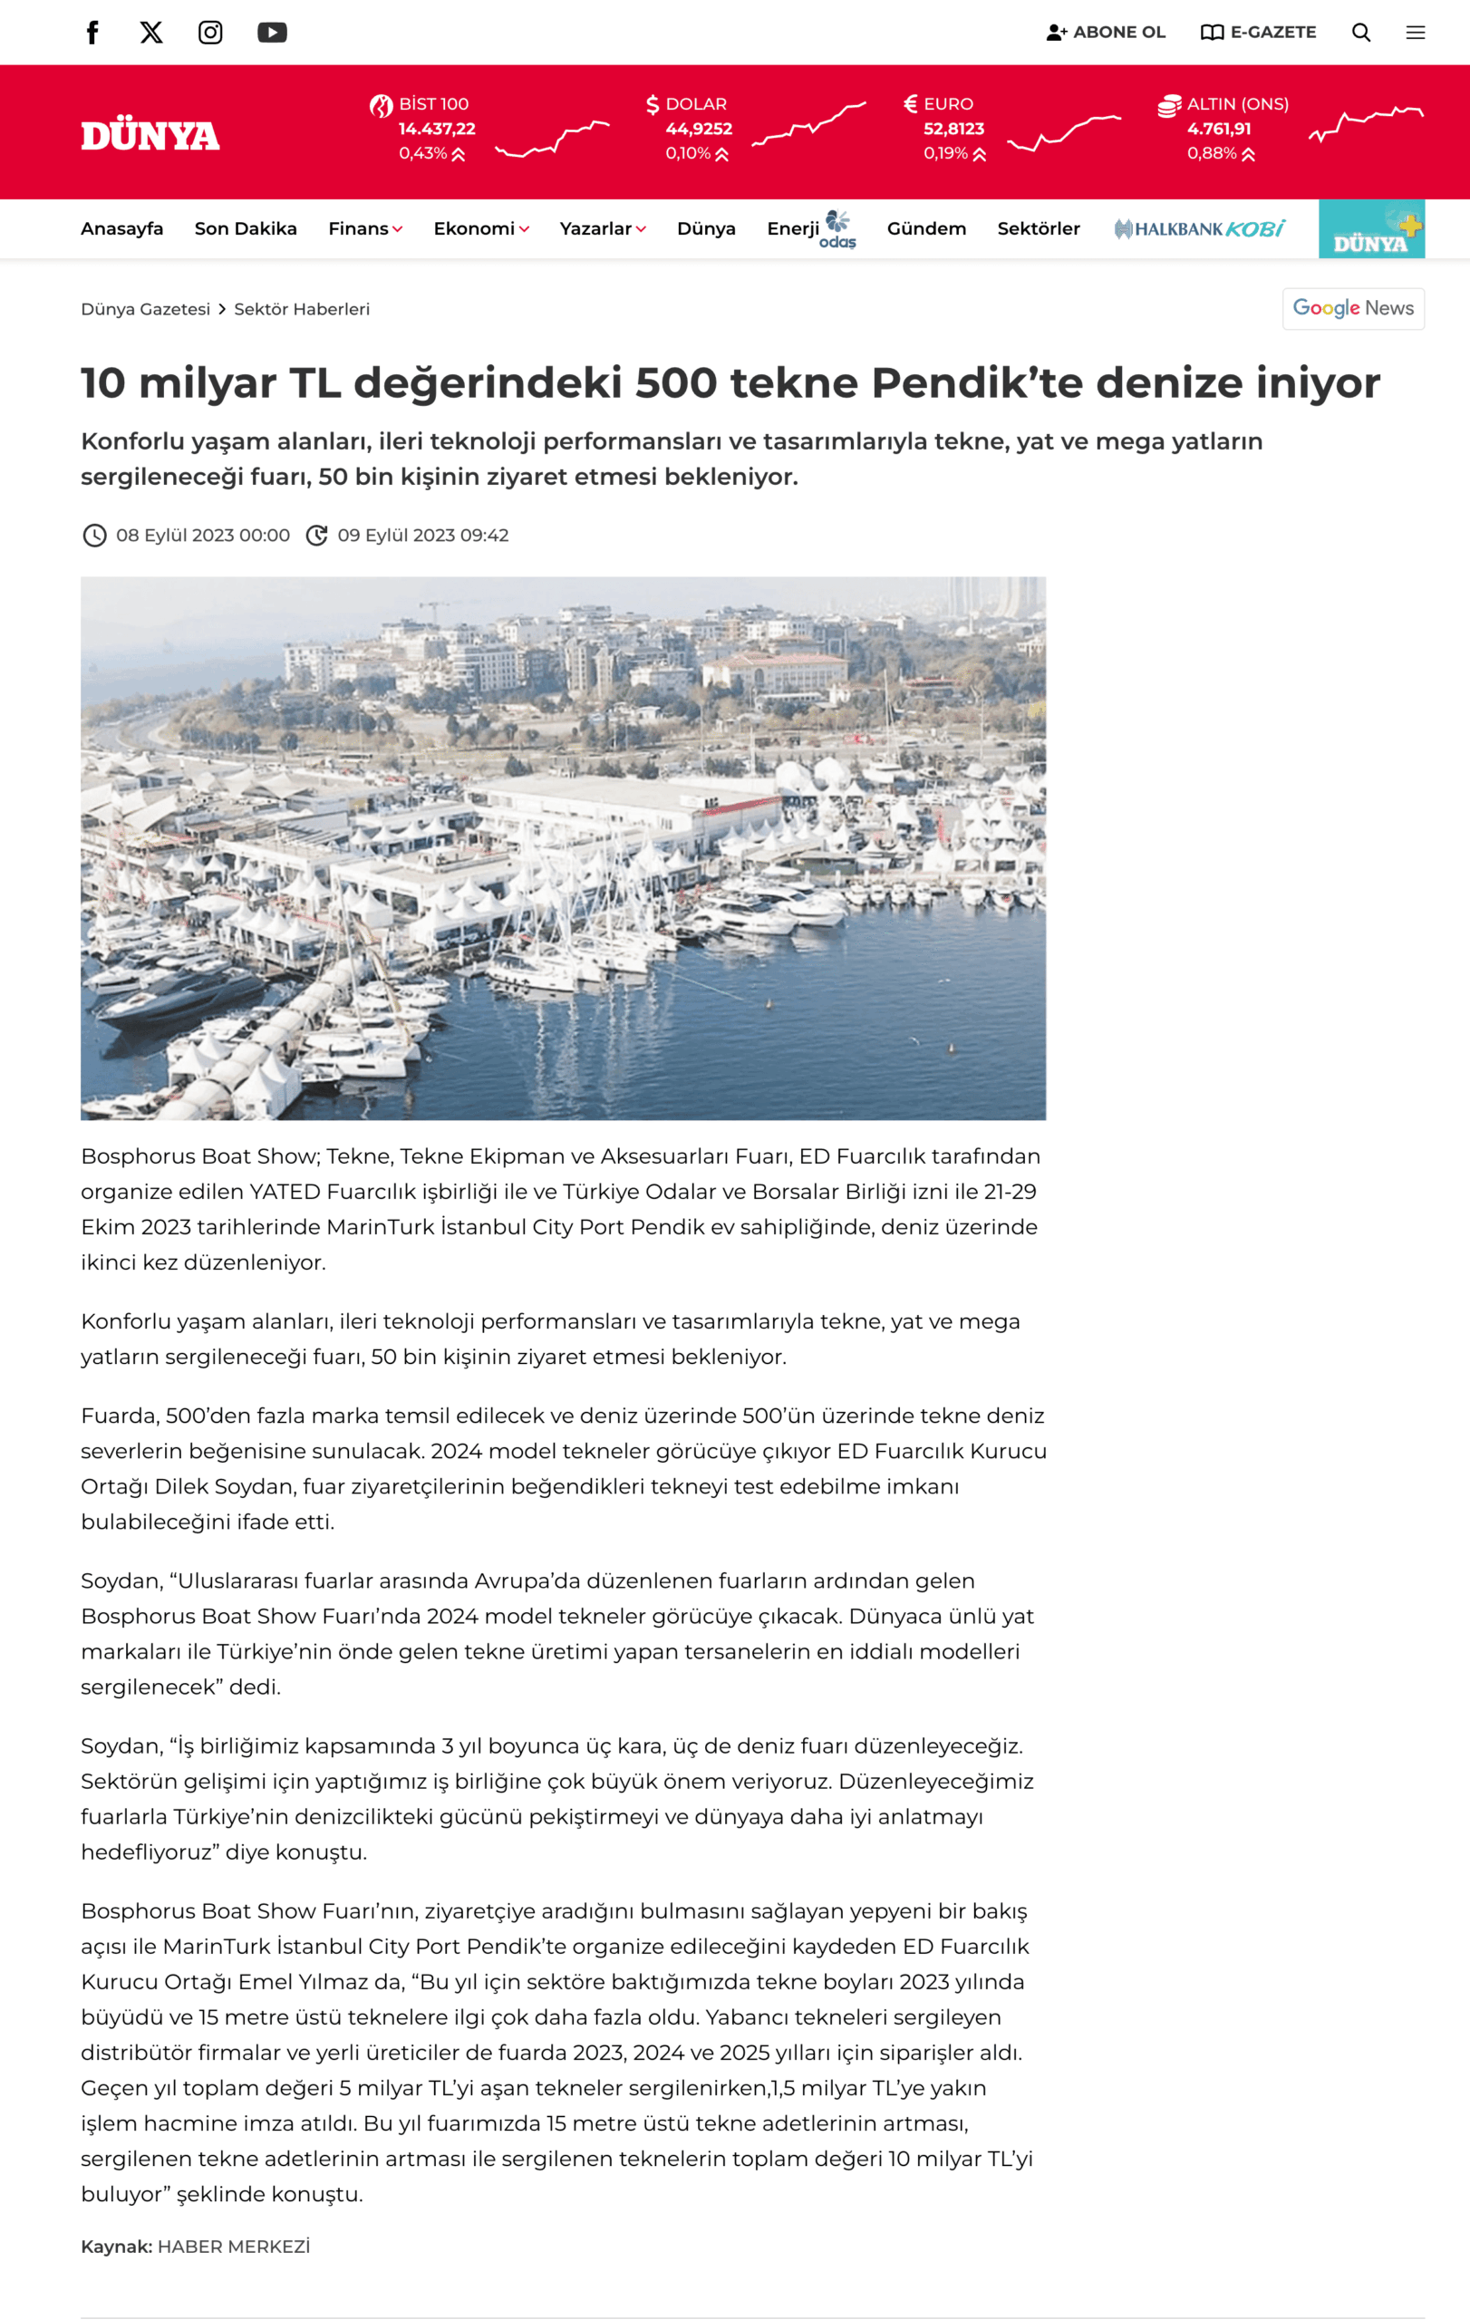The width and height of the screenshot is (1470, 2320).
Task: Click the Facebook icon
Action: (92, 33)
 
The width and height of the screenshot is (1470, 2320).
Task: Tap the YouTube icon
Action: (272, 33)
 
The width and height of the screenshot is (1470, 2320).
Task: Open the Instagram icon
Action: (210, 33)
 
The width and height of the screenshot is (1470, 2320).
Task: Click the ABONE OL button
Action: (1106, 33)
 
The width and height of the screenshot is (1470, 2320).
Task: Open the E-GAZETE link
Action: (1258, 33)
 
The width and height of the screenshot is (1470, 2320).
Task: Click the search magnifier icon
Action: (1361, 33)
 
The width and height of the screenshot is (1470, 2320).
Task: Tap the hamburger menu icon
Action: (1415, 33)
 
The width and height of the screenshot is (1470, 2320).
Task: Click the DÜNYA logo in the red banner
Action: (150, 136)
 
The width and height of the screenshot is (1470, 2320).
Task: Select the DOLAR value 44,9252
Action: (699, 129)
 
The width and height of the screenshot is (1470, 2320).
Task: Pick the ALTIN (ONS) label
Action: (1238, 104)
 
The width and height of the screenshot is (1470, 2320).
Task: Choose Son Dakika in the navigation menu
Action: (246, 229)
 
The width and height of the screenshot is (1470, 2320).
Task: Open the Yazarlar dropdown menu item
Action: (602, 229)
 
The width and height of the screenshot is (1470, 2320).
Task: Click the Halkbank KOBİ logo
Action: (1199, 229)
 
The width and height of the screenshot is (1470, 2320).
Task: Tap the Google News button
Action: (1352, 308)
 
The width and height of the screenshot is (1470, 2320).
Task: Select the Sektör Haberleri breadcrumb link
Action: (302, 309)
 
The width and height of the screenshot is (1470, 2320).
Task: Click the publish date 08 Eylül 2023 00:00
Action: (202, 536)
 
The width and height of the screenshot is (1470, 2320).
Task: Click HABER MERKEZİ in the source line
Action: (233, 2247)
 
